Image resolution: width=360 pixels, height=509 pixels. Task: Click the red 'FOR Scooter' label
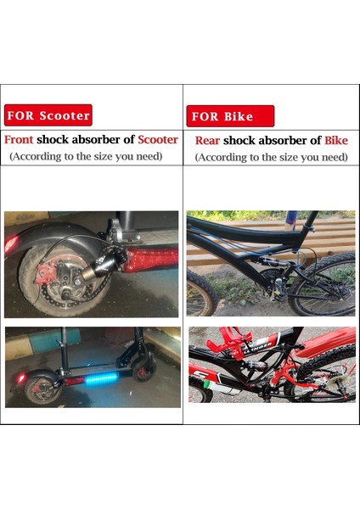tap(48, 115)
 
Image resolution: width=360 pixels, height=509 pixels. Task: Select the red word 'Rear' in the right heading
tap(208, 141)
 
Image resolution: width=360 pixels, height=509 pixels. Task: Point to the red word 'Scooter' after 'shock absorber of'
tap(158, 140)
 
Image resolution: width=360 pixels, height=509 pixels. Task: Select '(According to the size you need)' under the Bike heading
tap(271, 158)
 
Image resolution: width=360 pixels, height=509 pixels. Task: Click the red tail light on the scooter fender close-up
tap(11, 244)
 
